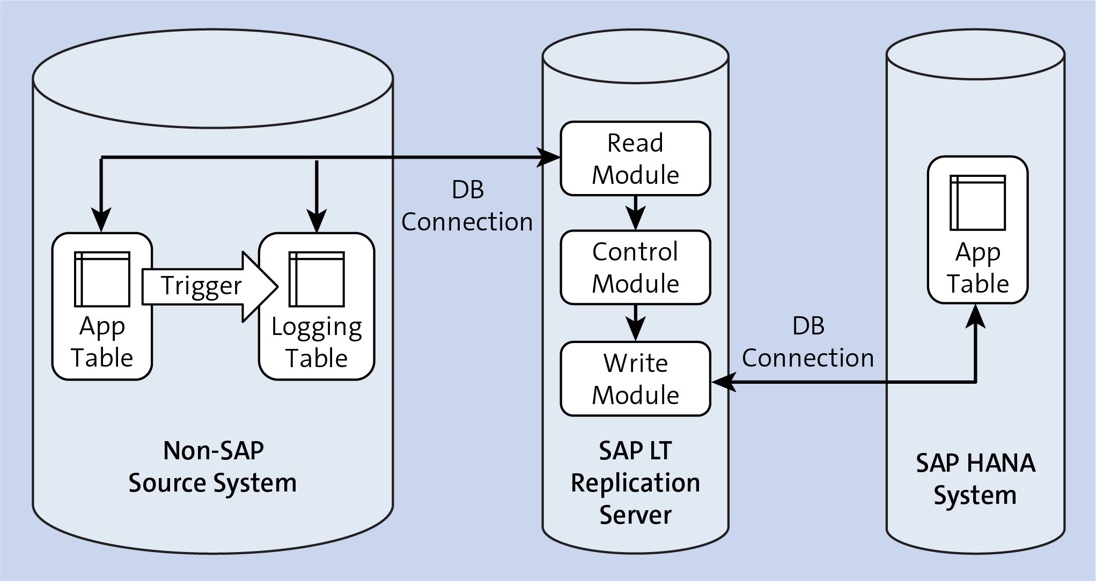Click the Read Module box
pos(635,159)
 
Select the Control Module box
pos(635,267)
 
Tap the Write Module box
pos(635,378)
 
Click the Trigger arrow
pos(209,286)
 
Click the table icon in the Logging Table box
pos(317,279)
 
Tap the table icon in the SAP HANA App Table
pos(977,203)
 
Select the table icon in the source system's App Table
pos(102,279)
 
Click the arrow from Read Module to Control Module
pos(635,213)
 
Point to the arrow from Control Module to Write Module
pos(635,323)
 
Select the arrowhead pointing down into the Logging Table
pos(317,220)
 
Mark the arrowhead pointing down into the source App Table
pos(101,220)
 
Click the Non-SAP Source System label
pos(212,466)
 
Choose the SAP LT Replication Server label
pos(635,482)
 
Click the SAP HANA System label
pos(975,479)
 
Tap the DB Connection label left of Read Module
pos(467,206)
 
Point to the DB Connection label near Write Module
pos(807,342)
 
